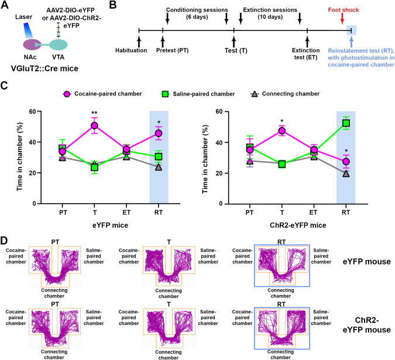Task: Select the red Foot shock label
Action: pos(342,10)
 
